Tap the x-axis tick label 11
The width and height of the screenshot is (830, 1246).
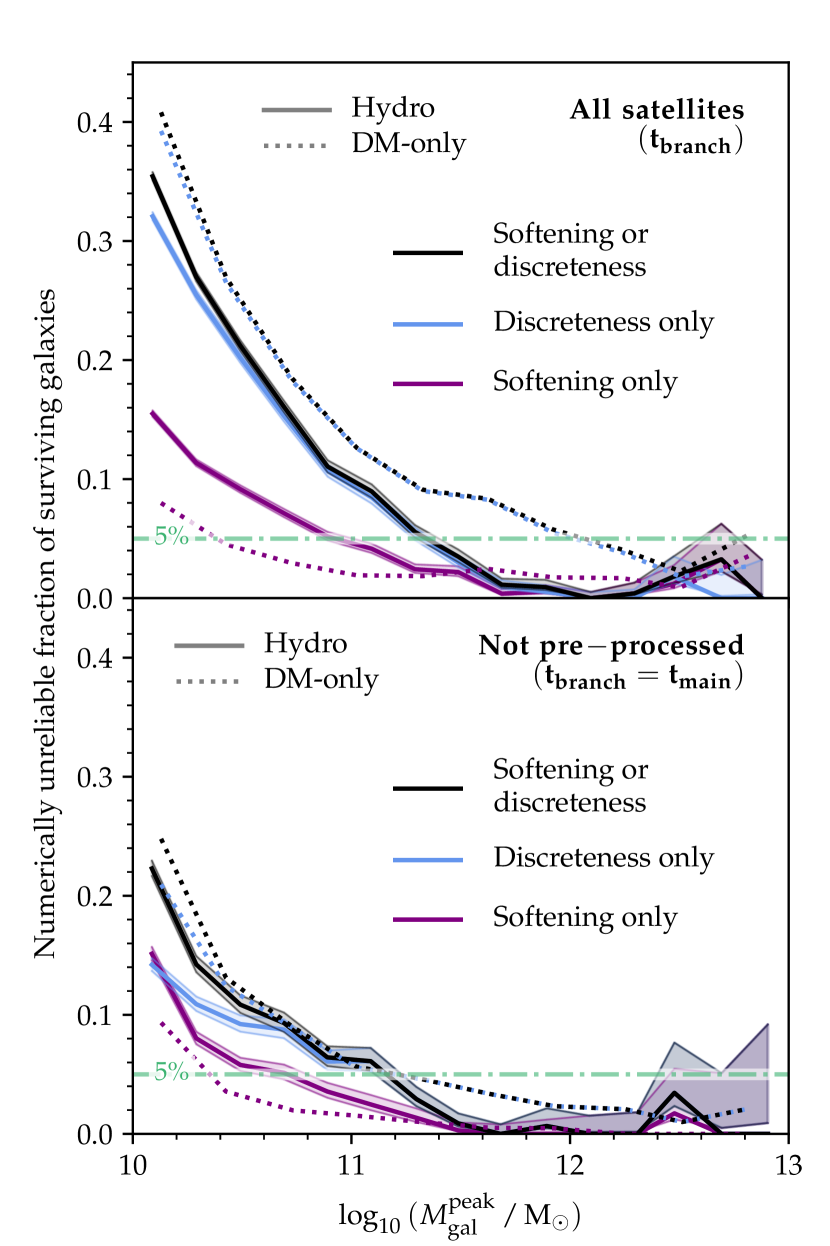350,1163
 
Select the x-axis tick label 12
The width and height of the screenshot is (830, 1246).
570,1163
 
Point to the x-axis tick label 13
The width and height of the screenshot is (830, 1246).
789,1163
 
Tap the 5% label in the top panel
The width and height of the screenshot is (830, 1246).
171,536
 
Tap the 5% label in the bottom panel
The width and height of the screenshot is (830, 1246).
171,1072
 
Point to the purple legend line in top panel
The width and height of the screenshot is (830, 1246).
428,382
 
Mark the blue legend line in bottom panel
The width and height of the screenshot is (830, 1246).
428,859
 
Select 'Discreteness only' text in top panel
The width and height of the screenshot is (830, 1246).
603,323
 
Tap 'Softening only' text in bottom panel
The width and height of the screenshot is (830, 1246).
585,917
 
